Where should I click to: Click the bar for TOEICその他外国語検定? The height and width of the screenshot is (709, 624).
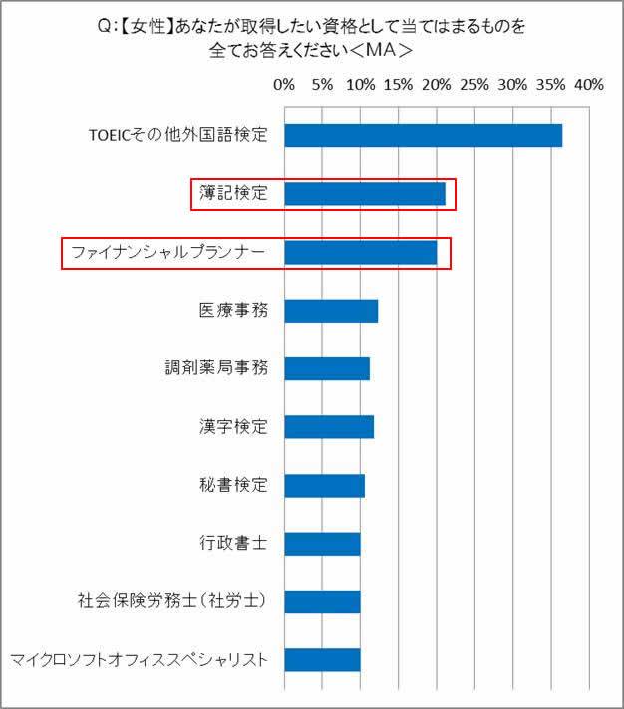423,136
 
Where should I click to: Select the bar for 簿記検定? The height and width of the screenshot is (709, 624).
365,194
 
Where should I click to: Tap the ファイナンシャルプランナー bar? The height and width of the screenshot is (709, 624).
361,253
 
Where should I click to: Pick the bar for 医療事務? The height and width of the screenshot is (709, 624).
331,311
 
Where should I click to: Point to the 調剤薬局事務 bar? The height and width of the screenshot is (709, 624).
327,368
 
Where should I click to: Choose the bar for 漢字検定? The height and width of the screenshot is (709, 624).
329,427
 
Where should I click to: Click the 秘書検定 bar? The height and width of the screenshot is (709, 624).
325,485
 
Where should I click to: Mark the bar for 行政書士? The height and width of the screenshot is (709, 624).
322,544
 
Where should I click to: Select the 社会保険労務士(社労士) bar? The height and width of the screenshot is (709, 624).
322,601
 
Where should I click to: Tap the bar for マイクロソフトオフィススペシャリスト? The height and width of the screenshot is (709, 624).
322,660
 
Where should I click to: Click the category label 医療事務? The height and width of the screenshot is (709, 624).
234,311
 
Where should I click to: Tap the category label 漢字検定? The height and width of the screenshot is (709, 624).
234,427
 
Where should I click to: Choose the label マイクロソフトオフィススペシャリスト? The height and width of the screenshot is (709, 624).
140,660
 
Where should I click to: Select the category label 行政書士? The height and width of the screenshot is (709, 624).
234,544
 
